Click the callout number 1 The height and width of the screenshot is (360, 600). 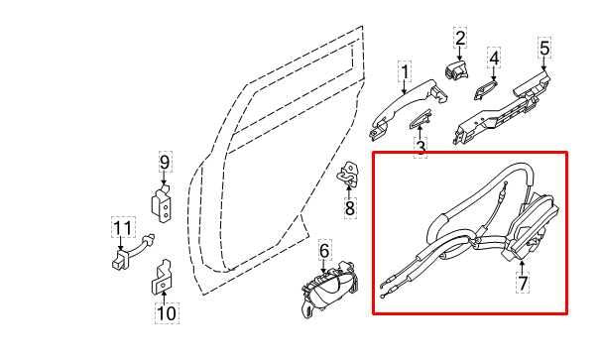click(405, 72)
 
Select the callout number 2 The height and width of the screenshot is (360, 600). click(460, 39)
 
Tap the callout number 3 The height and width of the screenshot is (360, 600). click(420, 149)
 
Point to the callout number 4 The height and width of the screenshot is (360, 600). click(493, 57)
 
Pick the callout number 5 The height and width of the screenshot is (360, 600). click(543, 47)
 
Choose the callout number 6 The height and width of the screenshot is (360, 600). click(324, 251)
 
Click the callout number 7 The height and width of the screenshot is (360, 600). click(522, 284)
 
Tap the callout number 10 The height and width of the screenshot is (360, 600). click(166, 314)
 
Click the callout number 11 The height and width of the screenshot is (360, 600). click(121, 230)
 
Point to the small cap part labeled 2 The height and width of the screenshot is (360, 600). click(458, 70)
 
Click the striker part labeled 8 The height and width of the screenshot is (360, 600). click(349, 177)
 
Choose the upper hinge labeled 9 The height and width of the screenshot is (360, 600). click(165, 203)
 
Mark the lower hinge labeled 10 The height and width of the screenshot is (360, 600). click(163, 281)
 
